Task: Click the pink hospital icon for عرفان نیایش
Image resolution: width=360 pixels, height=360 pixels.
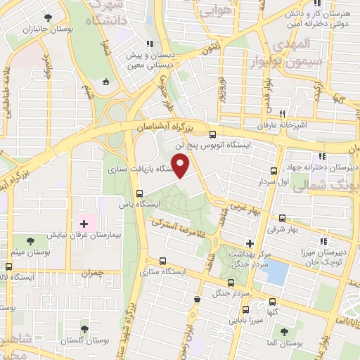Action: click(84, 224)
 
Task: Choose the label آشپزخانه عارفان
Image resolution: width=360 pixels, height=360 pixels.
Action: click(281, 124)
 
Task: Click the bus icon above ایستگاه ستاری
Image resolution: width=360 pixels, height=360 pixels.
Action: click(164, 260)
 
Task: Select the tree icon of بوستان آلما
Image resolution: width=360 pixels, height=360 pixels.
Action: click(283, 330)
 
